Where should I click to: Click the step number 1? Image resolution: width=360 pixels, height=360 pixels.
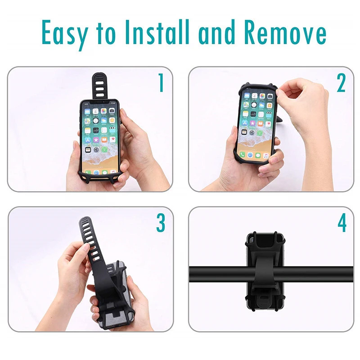tap(160, 83)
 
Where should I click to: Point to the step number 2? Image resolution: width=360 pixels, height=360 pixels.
tap(341, 83)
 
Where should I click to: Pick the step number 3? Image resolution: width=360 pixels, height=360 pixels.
tap(160, 223)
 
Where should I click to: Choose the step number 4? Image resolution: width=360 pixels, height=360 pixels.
tap(342, 223)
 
